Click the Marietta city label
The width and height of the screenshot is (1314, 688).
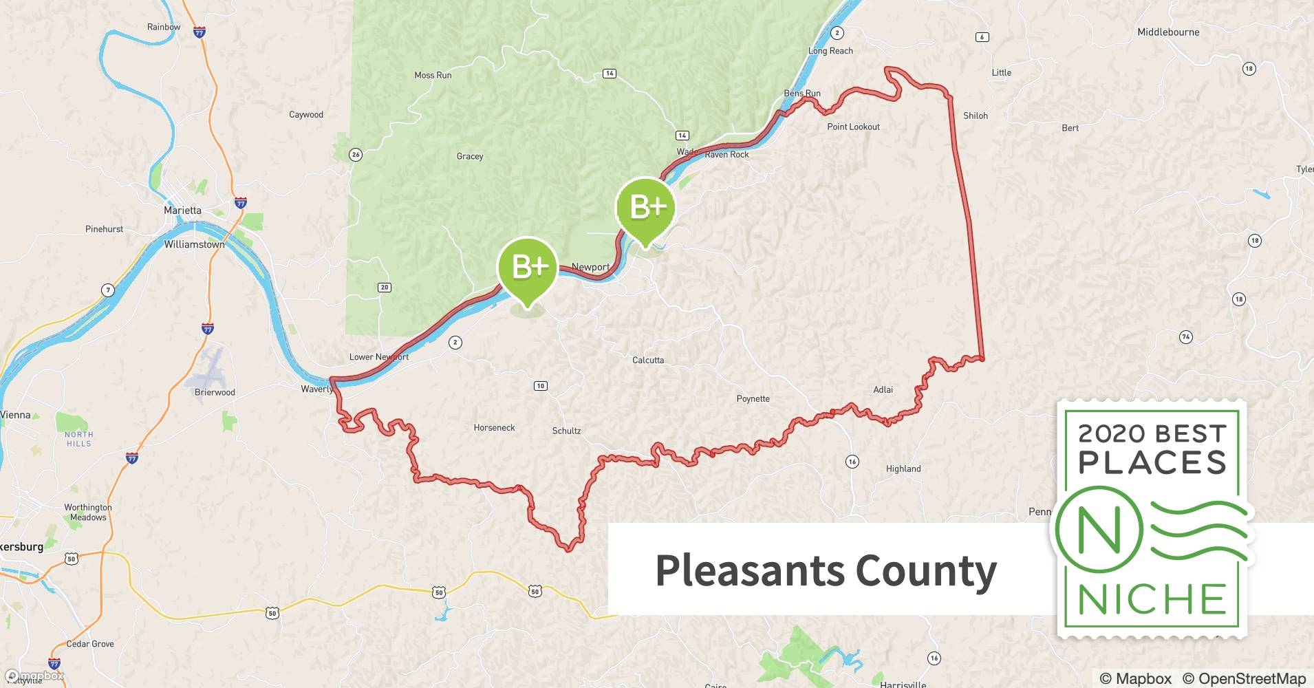point(182,211)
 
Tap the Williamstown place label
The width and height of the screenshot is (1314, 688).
point(194,244)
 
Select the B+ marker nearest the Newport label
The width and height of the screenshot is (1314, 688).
point(528,268)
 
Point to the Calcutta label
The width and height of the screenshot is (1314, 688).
point(648,360)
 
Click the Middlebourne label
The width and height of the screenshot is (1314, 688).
point(1168,32)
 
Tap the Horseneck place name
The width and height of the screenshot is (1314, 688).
point(494,428)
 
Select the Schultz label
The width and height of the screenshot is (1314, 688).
point(566,431)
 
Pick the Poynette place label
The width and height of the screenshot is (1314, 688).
point(753,399)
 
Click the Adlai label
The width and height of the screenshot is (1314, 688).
point(883,390)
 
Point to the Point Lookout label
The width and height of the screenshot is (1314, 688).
point(853,127)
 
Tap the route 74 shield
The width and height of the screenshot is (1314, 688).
point(1185,337)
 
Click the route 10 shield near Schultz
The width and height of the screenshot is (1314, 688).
point(541,386)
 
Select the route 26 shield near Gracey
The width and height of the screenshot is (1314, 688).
point(356,155)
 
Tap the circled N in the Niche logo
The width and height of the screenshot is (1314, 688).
point(1099,530)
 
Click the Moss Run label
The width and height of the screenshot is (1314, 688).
point(433,76)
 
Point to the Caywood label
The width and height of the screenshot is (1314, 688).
point(305,115)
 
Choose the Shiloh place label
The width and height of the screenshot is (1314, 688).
point(975,116)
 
